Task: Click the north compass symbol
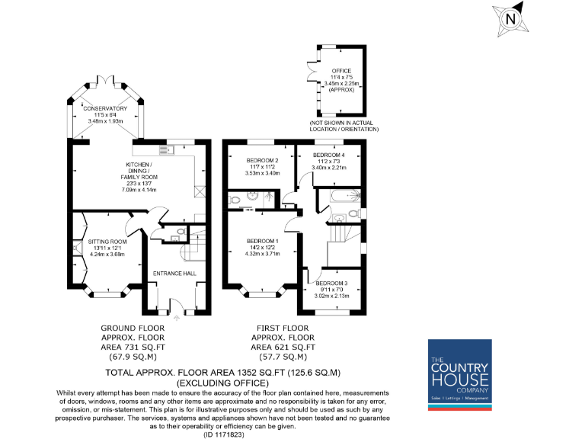(510, 18)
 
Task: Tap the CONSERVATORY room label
(105, 109)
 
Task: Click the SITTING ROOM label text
(107, 242)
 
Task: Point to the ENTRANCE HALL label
(175, 273)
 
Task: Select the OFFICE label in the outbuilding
(341, 71)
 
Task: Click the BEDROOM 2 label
(262, 161)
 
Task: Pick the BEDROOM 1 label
(262, 242)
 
